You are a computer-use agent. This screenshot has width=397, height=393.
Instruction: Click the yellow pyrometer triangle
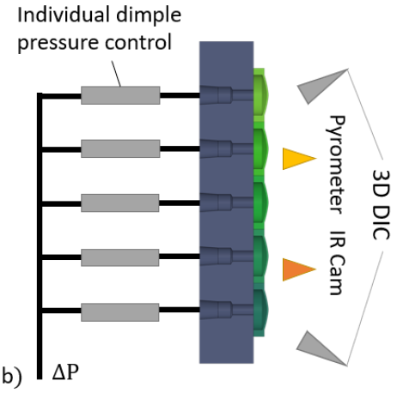tap(296, 159)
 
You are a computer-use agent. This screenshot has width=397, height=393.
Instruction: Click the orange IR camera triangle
tap(296, 269)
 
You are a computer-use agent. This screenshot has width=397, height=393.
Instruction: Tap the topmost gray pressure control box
tap(120, 95)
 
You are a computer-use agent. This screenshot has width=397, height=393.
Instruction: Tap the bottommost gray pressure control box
tap(120, 312)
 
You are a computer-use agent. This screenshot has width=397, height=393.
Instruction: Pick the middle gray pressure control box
tap(120, 203)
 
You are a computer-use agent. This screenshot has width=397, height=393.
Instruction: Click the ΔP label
tap(65, 372)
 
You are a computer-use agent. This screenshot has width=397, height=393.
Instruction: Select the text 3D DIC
tap(381, 204)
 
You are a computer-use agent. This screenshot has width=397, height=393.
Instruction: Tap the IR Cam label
tap(336, 263)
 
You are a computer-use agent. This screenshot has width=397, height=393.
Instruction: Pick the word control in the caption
tap(138, 42)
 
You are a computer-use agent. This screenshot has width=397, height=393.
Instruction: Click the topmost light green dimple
tap(260, 95)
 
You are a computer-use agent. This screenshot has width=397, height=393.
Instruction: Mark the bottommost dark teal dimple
tap(260, 311)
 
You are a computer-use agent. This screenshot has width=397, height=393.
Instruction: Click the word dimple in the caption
tap(149, 15)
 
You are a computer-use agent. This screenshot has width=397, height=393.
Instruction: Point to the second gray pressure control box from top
tap(120, 148)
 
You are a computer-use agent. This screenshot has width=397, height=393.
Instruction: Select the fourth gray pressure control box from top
tap(120, 257)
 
